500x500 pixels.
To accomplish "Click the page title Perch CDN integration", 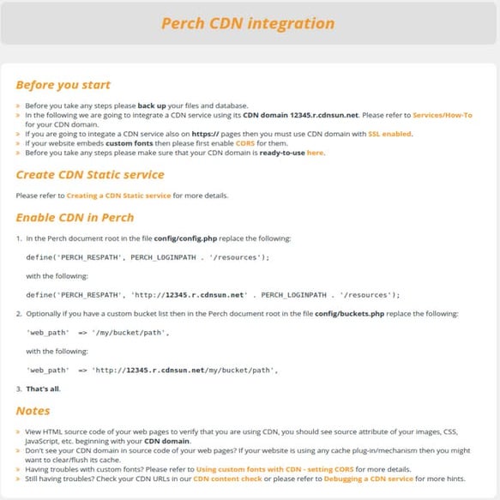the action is click(248, 22).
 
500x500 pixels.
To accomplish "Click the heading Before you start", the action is click(63, 85).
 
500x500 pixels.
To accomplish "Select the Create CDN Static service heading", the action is click(89, 175).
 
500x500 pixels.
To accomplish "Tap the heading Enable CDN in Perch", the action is click(75, 217).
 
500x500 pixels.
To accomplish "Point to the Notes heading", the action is click(33, 411).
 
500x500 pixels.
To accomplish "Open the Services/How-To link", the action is click(443, 114).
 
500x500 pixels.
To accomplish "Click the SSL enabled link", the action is click(390, 134).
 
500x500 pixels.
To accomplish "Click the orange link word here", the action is click(316, 153).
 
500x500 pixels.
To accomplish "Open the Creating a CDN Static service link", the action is click(118, 196).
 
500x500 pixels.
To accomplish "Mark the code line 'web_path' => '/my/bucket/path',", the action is click(98, 332).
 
